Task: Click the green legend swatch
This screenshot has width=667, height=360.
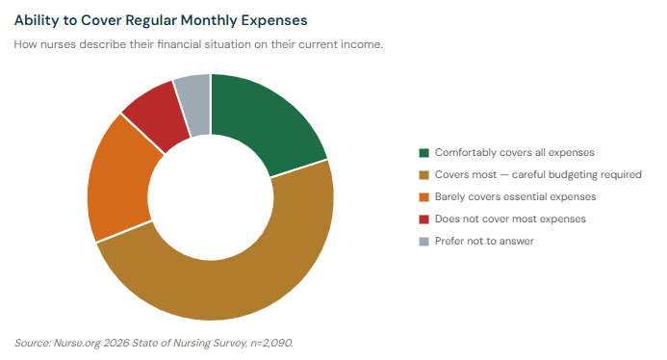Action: (423, 152)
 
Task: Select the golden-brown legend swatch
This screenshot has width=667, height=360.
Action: (423, 174)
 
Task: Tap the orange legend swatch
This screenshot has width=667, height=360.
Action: (423, 196)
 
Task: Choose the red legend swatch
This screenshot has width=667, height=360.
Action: (423, 219)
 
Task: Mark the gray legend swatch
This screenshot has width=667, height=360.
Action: (423, 241)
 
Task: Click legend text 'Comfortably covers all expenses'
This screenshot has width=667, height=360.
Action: (514, 152)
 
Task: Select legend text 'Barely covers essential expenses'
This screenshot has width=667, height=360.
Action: (515, 196)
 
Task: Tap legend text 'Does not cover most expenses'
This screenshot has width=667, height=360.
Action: (510, 219)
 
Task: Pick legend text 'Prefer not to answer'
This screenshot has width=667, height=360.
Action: (484, 241)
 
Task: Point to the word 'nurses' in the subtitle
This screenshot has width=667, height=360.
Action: (59, 45)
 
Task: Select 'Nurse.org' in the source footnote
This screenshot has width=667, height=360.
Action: (81, 343)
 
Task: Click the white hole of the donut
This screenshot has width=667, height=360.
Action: (210, 196)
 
